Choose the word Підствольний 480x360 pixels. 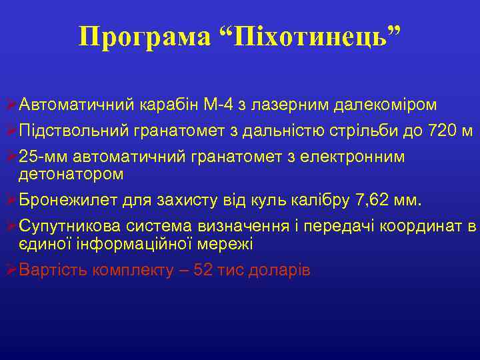tap(67, 130)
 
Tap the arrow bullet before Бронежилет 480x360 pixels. tap(9, 199)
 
